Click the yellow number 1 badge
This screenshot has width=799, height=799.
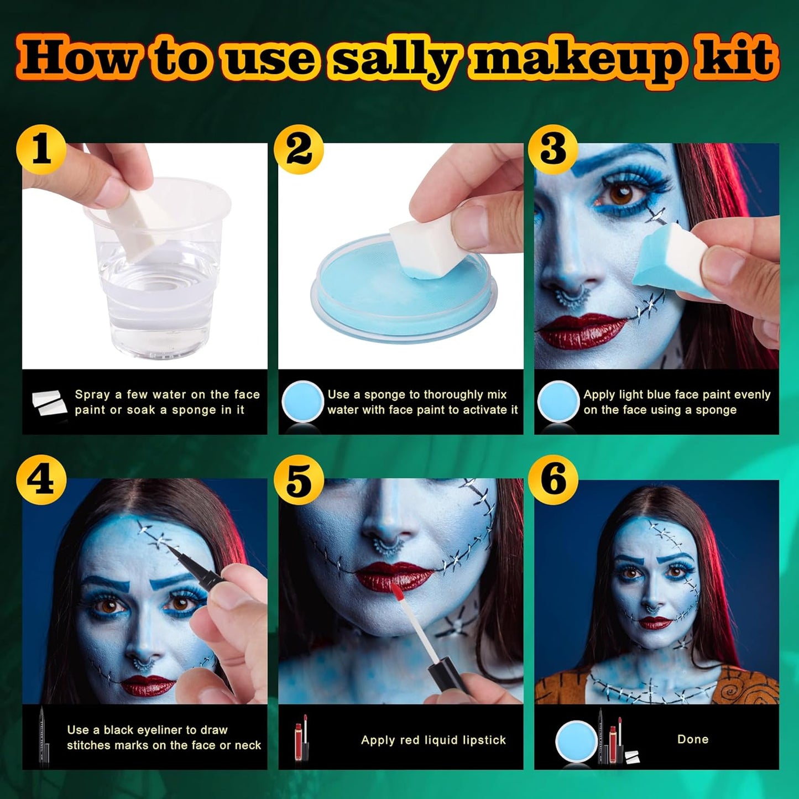[x=41, y=150]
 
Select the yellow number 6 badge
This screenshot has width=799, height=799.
[x=553, y=479]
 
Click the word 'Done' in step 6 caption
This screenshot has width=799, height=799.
[x=692, y=739]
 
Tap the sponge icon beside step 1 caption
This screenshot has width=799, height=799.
[x=49, y=402]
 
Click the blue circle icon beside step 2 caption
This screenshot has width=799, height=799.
[x=302, y=402]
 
